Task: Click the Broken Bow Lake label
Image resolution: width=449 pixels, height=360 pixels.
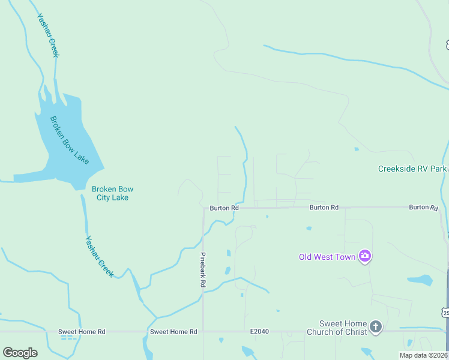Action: [x=69, y=140]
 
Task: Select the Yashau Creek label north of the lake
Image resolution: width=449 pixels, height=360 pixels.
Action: [x=49, y=35]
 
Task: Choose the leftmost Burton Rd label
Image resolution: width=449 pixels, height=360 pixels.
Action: [x=224, y=208]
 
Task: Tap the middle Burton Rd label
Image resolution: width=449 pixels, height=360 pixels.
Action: [x=324, y=208]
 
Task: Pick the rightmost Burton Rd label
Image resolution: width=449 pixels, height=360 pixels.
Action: [x=423, y=207]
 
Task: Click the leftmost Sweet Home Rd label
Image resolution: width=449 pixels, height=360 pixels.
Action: [x=82, y=332]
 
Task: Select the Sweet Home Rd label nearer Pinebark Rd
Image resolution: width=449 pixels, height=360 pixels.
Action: [x=173, y=332]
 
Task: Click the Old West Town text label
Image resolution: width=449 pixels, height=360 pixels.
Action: [x=327, y=257]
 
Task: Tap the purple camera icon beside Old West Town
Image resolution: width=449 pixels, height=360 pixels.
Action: [x=364, y=257]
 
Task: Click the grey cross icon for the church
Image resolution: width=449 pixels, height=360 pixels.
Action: [x=376, y=327]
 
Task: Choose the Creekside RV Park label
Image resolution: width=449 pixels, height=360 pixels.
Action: [x=412, y=169]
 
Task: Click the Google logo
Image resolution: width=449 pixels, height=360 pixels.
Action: [x=20, y=353]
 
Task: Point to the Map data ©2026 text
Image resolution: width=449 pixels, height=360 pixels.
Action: [x=424, y=355]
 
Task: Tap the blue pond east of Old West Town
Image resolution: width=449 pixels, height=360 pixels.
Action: [x=420, y=280]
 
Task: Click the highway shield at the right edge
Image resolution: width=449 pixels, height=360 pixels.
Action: [x=445, y=313]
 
